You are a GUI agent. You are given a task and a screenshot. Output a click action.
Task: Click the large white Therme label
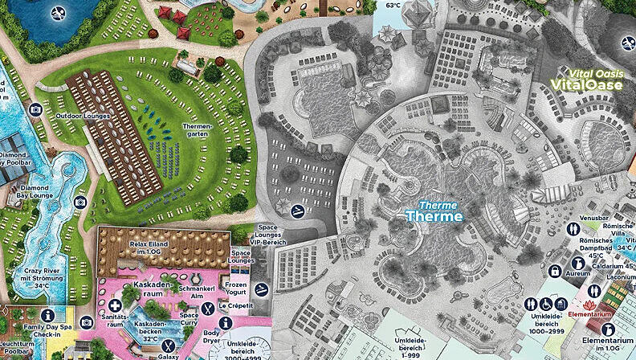[x=434, y=216]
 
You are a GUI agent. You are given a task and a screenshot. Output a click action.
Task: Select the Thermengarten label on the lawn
[x=197, y=131]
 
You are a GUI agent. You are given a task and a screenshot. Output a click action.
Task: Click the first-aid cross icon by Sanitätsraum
[x=118, y=305]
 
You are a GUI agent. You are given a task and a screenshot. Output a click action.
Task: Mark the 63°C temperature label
[x=393, y=5]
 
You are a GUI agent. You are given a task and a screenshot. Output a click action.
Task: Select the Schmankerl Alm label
[x=198, y=292]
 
